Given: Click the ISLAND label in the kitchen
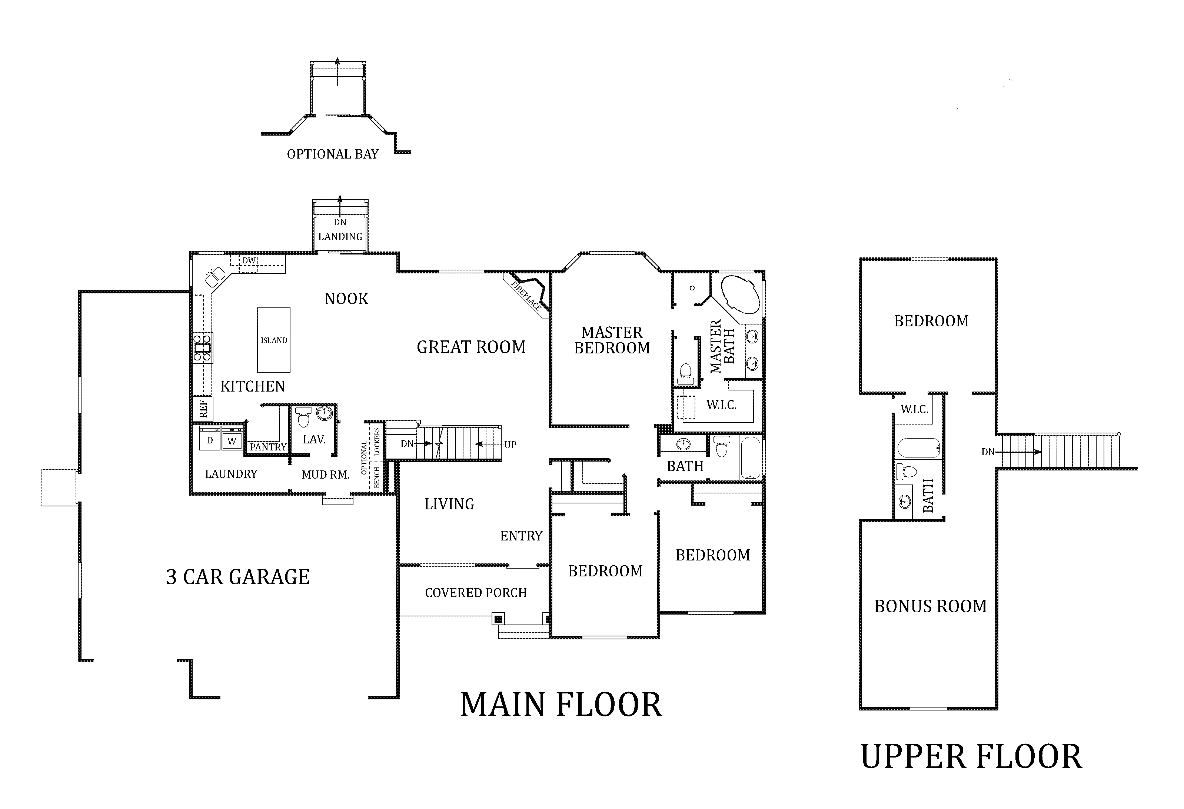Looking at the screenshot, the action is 274,340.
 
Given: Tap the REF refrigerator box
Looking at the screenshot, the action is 203,409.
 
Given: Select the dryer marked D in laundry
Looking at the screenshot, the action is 209,437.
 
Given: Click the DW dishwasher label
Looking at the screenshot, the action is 249,261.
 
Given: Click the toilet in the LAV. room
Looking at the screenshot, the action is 304,417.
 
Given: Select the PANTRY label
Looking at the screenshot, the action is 268,447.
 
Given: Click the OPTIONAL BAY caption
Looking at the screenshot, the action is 333,154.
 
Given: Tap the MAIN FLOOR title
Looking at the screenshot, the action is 561,705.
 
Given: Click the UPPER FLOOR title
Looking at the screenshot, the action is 971,756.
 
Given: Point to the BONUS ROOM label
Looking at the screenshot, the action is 930,606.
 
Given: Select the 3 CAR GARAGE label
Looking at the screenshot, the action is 238,577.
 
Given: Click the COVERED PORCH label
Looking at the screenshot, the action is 476,592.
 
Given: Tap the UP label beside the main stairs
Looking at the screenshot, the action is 510,445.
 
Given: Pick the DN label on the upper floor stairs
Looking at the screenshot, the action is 988,452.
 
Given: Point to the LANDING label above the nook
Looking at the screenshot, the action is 340,236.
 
